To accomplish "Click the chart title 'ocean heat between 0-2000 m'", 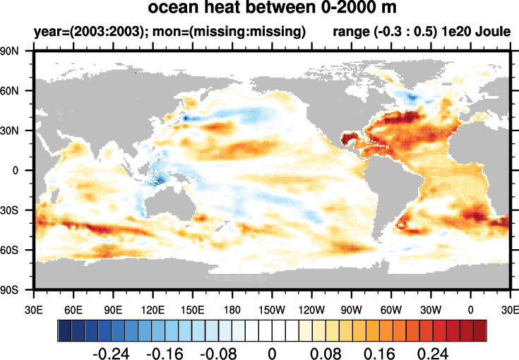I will [272, 9].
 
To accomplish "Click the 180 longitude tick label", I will [232, 309].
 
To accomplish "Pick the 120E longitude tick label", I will [153, 309].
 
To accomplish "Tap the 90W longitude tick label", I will [351, 309].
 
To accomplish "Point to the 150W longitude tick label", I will [272, 309].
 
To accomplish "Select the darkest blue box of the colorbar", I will [64, 329].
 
